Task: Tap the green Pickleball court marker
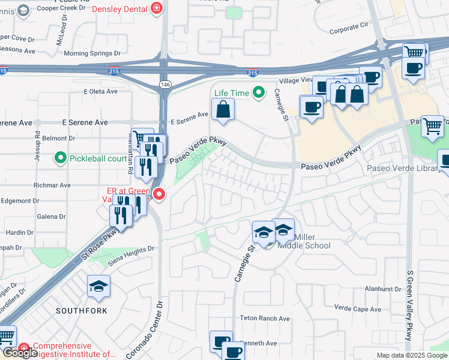61,158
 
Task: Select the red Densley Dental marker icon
157,8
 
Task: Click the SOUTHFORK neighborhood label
82,311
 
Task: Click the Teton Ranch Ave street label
265,319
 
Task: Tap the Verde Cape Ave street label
358,309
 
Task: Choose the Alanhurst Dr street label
372,289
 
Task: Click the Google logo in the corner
19,353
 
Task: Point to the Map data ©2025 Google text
411,355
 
